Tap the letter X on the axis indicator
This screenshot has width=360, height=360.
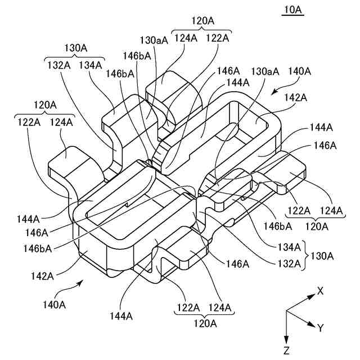pyautogui.click(x=320, y=291)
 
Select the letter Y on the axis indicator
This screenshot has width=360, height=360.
pyautogui.click(x=320, y=328)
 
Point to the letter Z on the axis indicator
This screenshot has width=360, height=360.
pyautogui.click(x=287, y=352)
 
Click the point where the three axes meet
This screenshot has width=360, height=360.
pyautogui.click(x=287, y=310)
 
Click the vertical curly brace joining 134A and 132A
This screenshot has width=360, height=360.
pyautogui.click(x=305, y=255)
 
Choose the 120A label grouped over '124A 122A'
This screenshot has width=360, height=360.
pyautogui.click(x=203, y=20)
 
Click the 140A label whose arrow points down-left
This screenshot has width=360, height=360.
pyautogui.click(x=299, y=71)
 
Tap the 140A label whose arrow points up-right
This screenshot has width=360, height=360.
pyautogui.click(x=55, y=304)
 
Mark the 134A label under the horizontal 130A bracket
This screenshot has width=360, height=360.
pyautogui.click(x=91, y=65)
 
